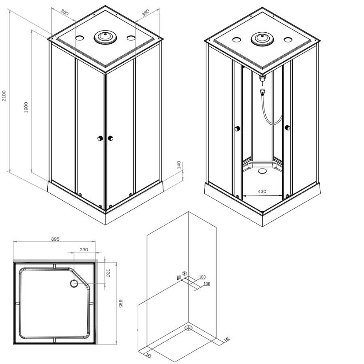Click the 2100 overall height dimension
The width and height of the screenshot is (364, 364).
(4, 96)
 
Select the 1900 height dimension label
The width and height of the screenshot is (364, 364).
(26, 106)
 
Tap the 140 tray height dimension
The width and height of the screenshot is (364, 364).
(178, 165)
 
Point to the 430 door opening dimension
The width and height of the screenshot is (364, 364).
(262, 191)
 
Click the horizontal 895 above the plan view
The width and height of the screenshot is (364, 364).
(55, 239)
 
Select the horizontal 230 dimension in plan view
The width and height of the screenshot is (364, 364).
(84, 250)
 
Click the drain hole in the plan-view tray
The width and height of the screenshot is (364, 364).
(74, 284)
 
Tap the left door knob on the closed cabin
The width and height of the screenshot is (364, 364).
(99, 138)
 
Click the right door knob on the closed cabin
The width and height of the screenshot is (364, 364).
(110, 138)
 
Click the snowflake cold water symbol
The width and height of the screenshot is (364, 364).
(185, 274)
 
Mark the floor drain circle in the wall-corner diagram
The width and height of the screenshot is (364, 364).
(188, 328)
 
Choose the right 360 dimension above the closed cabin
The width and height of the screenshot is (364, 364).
(146, 12)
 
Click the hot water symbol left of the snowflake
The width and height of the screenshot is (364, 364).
(178, 277)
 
